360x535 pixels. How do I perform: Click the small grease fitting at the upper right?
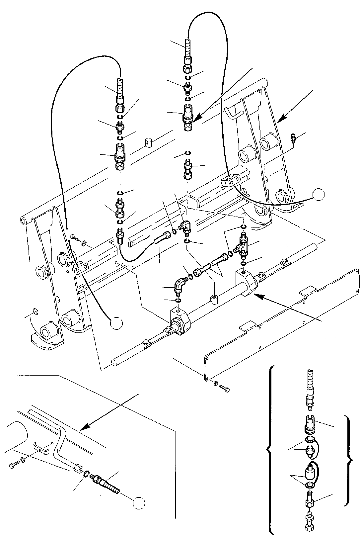point(293,137)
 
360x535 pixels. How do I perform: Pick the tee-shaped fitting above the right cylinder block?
point(242,246)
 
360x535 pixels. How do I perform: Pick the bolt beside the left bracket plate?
point(74,238)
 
